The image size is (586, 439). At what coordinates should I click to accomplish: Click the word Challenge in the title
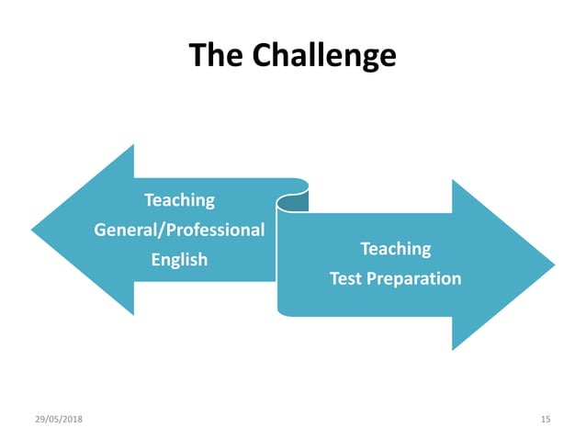(324, 56)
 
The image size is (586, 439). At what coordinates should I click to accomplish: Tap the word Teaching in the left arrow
(179, 199)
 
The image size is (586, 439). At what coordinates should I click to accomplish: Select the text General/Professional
(179, 230)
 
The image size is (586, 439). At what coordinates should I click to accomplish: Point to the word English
(179, 260)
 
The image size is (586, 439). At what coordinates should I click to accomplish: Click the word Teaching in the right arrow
(395, 248)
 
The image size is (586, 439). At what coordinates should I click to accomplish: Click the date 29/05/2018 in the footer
(59, 419)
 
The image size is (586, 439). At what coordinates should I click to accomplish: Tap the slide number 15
(546, 419)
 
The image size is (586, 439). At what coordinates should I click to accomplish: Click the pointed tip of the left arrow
(34, 230)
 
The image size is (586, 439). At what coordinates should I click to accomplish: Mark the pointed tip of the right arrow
(553, 265)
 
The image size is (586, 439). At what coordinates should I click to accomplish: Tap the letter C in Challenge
(264, 56)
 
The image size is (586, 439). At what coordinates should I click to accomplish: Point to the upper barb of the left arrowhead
(132, 149)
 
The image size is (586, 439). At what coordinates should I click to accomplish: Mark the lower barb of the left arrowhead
(132, 311)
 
